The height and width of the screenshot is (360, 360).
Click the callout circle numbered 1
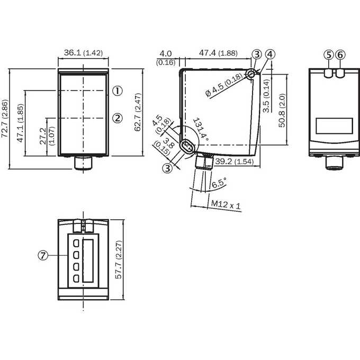pyautogui.click(x=118, y=91)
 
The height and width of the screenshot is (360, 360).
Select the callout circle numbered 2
pyautogui.click(x=118, y=118)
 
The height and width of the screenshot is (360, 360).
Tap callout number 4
pyautogui.click(x=270, y=54)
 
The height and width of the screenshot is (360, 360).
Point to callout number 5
pyautogui.click(x=329, y=55)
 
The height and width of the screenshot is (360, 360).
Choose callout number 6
pyautogui.click(x=340, y=55)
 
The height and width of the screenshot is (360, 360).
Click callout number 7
pyautogui.click(x=43, y=255)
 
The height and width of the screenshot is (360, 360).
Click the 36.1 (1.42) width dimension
pyautogui.click(x=83, y=53)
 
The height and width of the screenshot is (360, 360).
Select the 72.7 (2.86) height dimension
pyautogui.click(x=5, y=118)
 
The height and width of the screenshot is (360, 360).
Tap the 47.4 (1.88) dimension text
pyautogui.click(x=218, y=53)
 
